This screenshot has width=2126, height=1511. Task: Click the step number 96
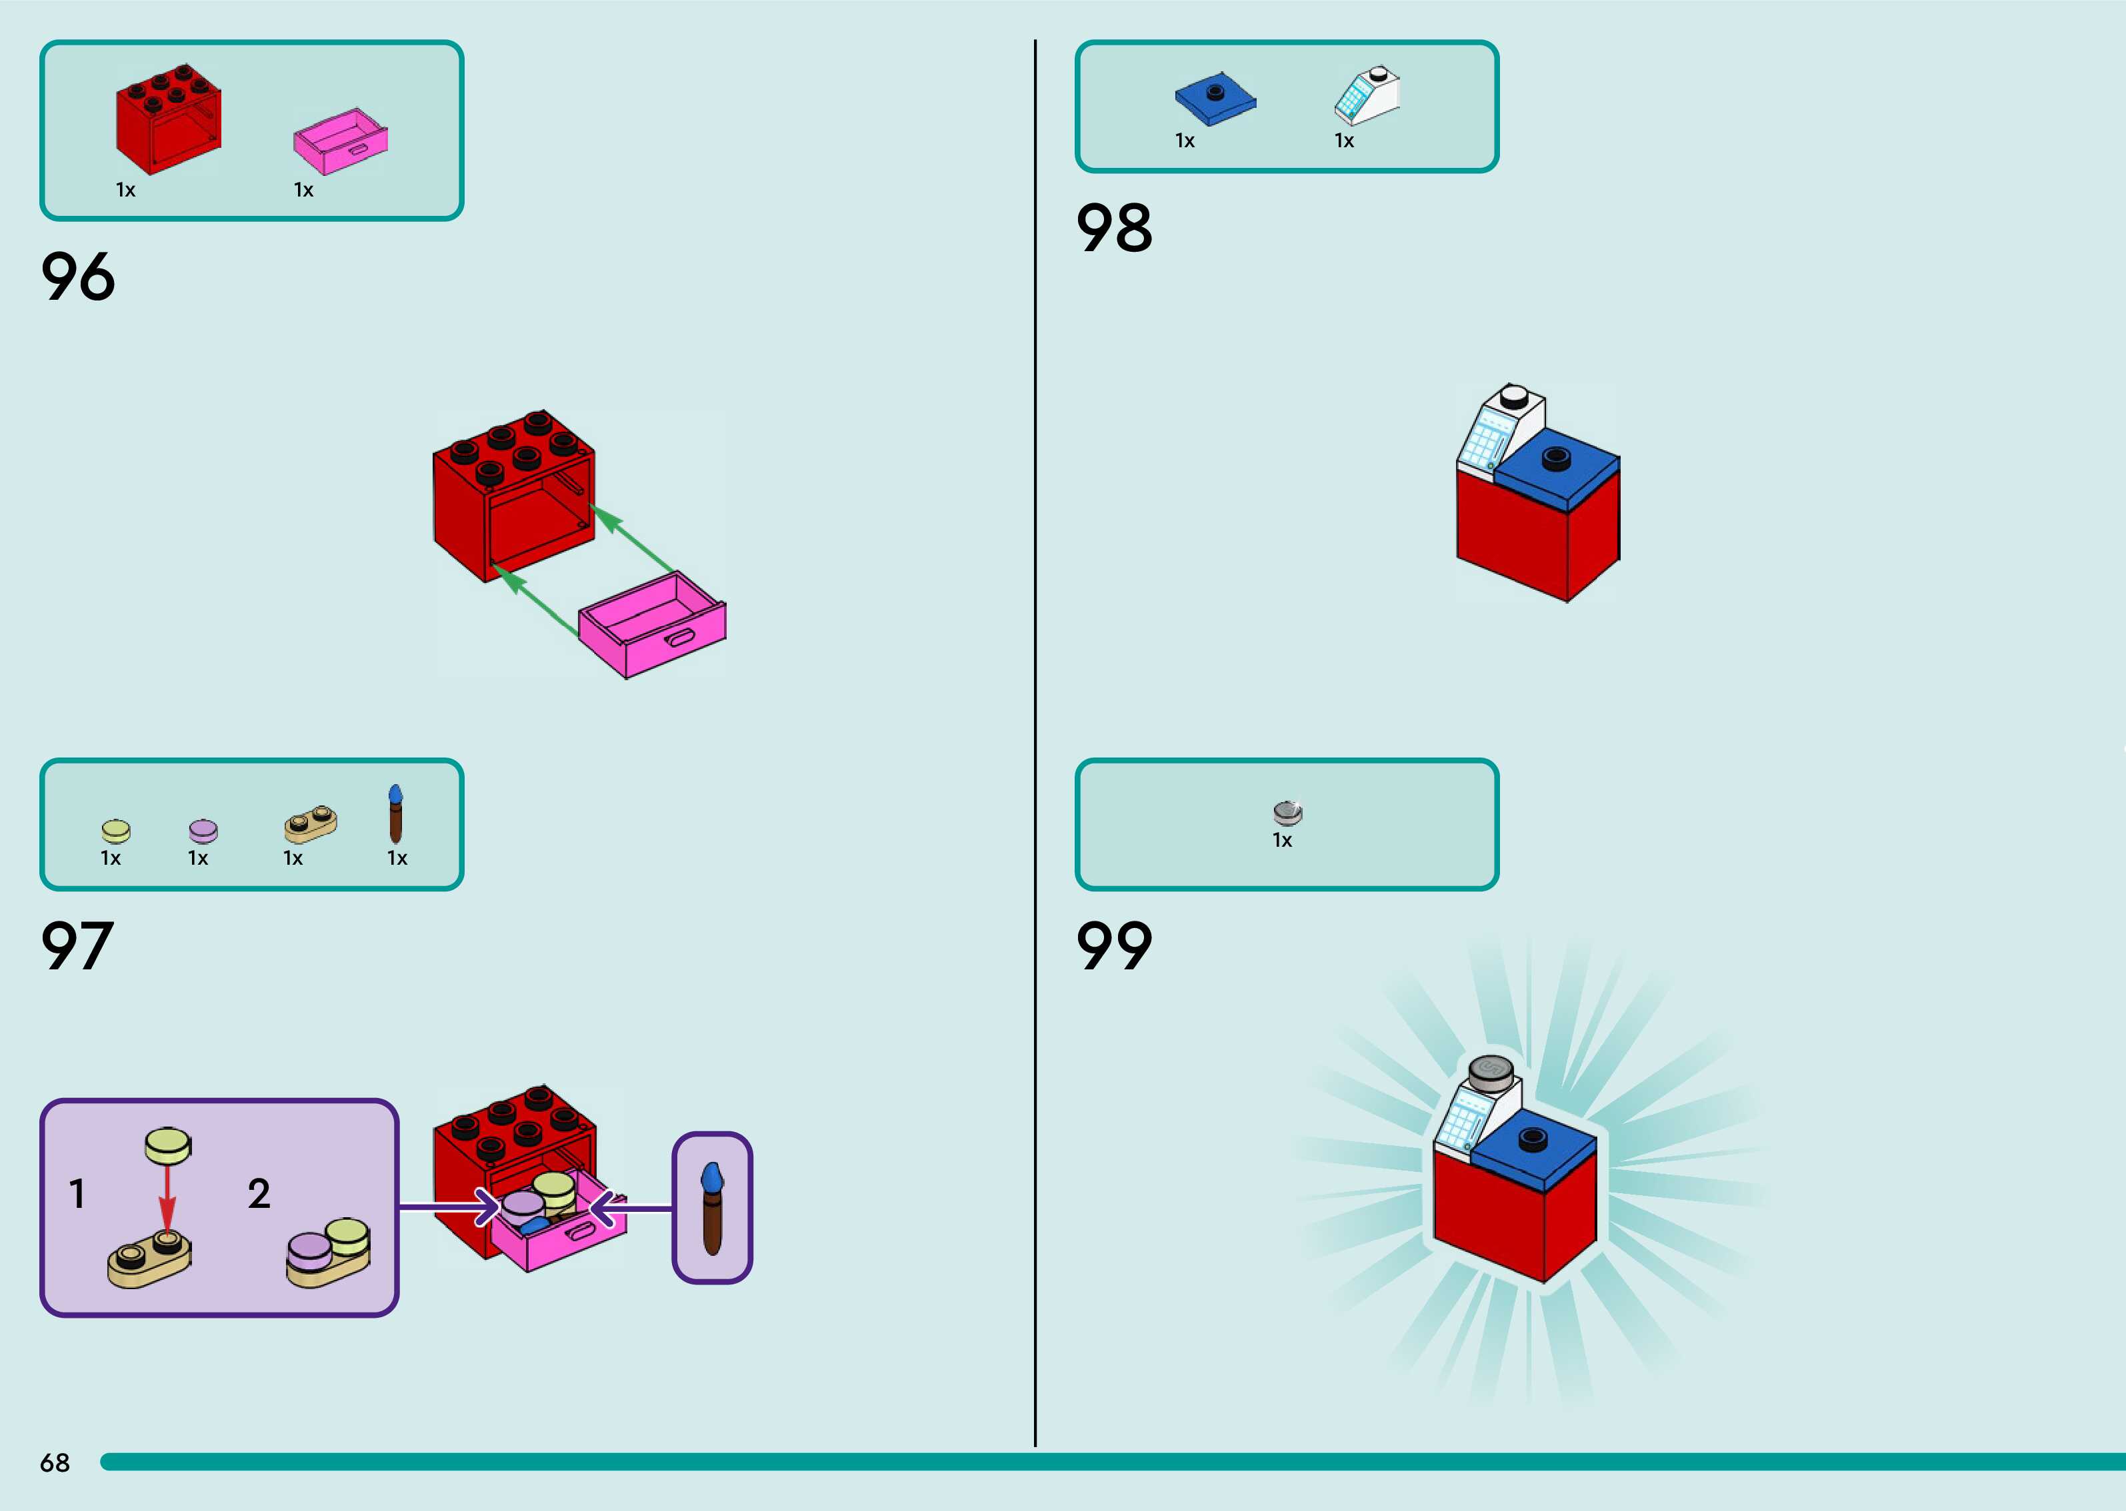[78, 276]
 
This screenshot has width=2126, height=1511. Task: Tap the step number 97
[77, 946]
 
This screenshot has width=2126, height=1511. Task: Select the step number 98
[1114, 228]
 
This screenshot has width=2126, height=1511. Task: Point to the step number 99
[1114, 946]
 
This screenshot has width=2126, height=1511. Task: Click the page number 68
[55, 1462]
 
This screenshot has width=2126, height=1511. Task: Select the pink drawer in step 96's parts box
[341, 141]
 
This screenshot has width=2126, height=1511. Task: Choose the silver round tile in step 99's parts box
[1287, 812]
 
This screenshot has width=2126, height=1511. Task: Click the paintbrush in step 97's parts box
[395, 814]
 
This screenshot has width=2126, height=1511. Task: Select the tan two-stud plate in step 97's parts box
[311, 823]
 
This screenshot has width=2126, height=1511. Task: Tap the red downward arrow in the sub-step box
[167, 1201]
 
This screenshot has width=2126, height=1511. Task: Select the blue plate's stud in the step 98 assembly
[1555, 458]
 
